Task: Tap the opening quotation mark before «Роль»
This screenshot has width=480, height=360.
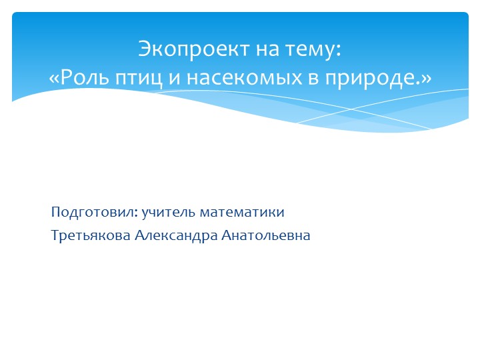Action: (55, 78)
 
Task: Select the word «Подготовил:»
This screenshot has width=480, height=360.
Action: (94, 213)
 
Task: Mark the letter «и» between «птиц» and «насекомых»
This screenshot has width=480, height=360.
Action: (172, 79)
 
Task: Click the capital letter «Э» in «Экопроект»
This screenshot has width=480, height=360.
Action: (144, 49)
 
